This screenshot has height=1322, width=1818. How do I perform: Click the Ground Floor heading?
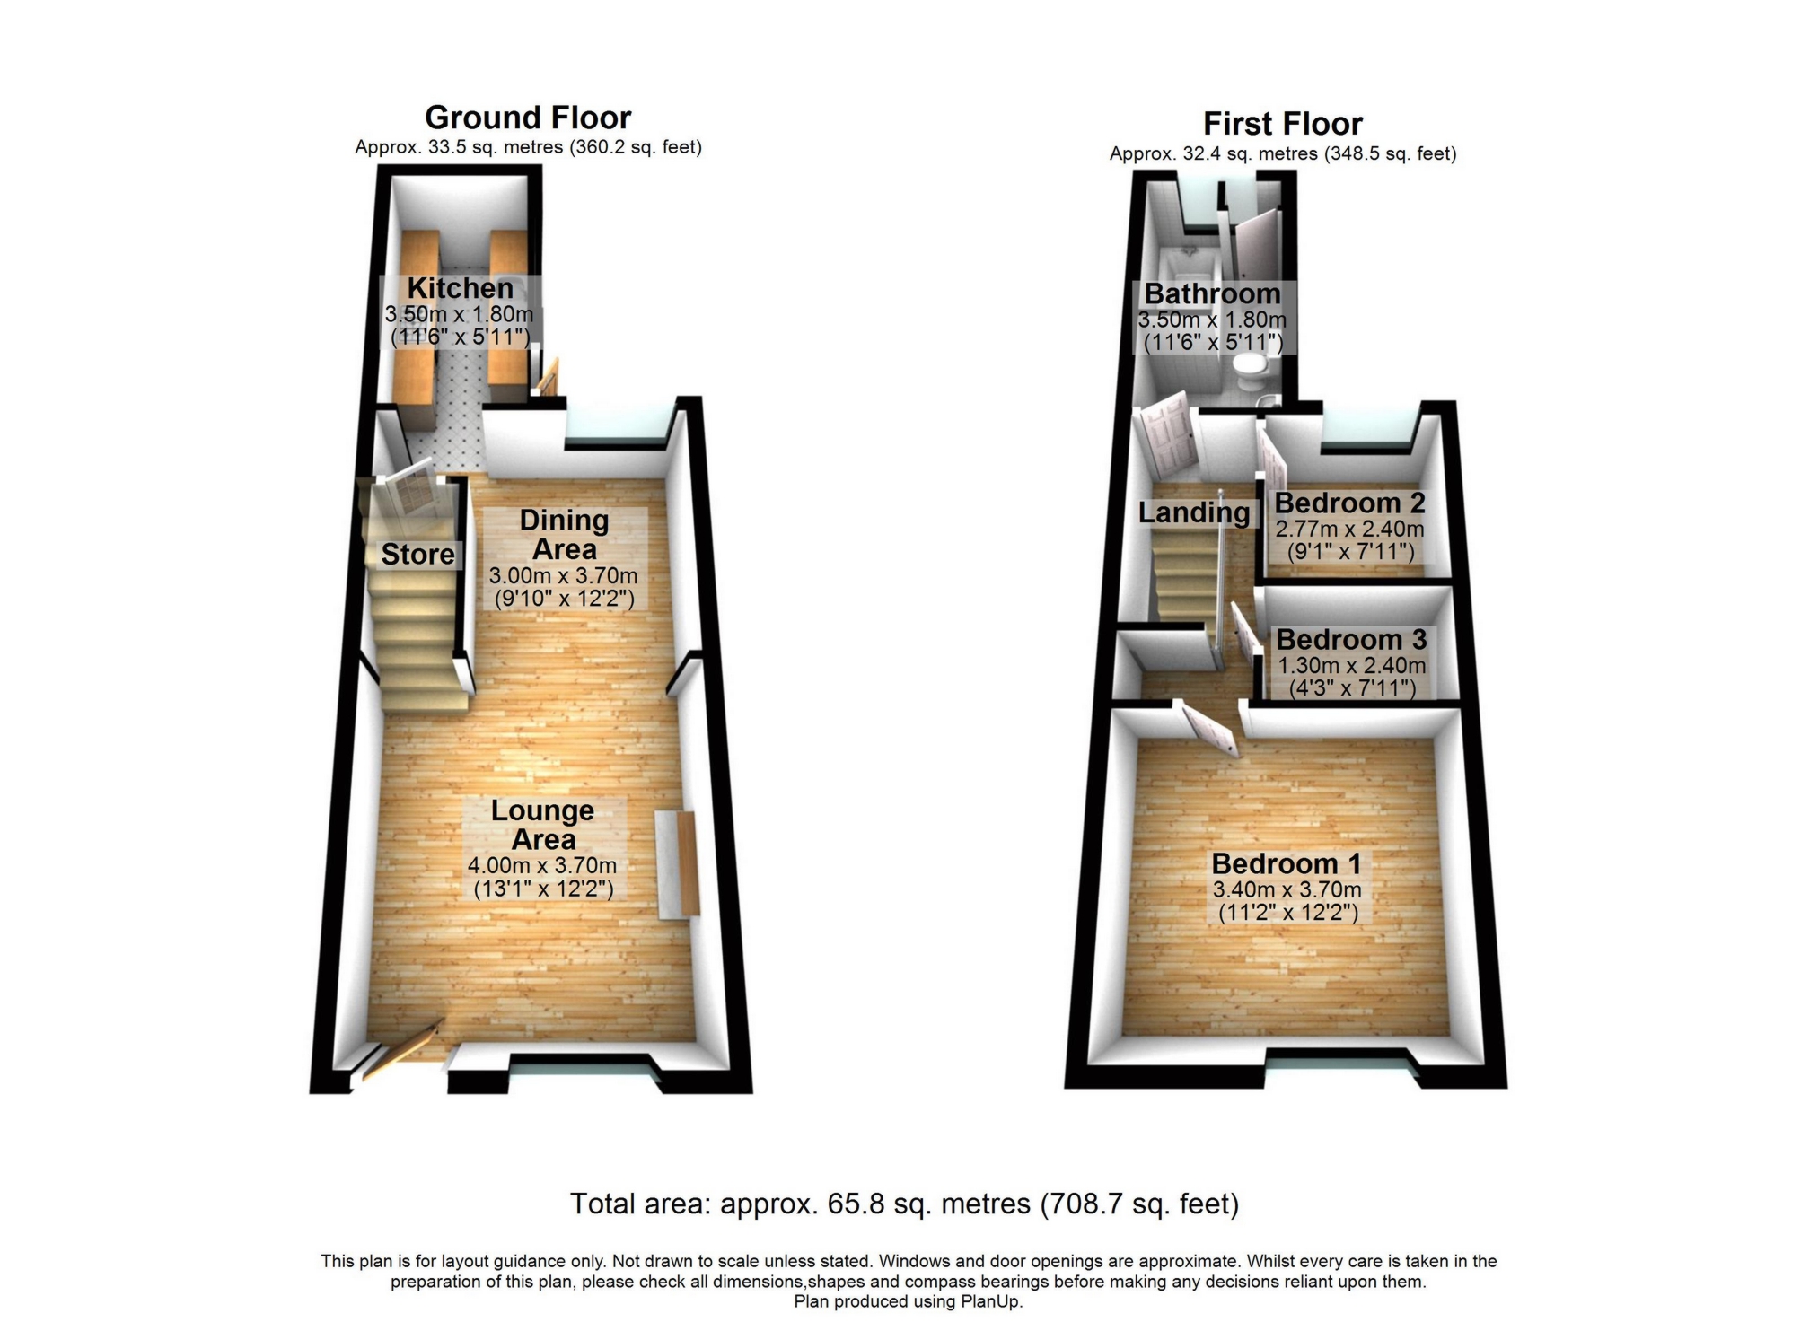(x=527, y=118)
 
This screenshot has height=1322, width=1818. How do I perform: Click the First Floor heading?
(x=1282, y=124)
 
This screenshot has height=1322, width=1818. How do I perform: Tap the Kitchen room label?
(x=460, y=288)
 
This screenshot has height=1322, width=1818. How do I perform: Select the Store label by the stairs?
(x=417, y=555)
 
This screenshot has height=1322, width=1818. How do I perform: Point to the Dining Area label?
(x=564, y=534)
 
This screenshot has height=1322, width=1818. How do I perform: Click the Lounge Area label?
(x=542, y=825)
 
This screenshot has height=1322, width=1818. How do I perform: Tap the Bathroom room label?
(x=1212, y=293)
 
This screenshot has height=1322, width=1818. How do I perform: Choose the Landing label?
(x=1193, y=512)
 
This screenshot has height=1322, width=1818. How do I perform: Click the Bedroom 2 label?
(x=1349, y=503)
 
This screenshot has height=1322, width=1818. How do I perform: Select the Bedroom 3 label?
(x=1350, y=639)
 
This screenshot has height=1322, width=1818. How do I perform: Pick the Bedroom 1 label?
(x=1286, y=863)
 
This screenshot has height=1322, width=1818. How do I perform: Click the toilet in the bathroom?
(x=1247, y=365)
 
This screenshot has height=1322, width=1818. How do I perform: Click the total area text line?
(x=904, y=1204)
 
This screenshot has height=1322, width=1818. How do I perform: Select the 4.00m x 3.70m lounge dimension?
(x=541, y=866)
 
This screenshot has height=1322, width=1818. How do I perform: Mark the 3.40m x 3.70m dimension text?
(x=1287, y=890)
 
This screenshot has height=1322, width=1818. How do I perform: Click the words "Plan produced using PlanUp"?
(x=908, y=1301)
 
